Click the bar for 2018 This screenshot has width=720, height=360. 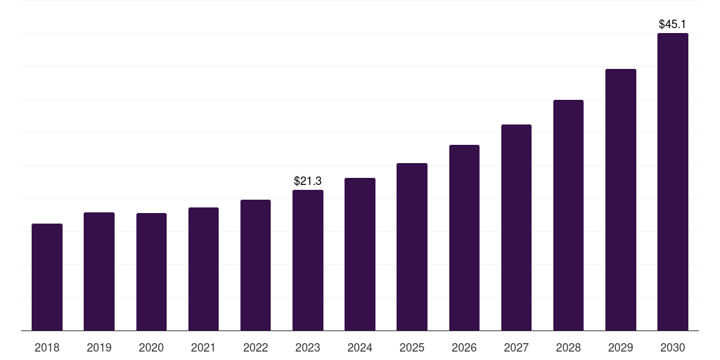(47, 277)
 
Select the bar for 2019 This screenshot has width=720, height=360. (99, 271)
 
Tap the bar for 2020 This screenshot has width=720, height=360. (151, 272)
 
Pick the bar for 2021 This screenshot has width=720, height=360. (203, 269)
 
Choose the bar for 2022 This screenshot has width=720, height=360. (255, 265)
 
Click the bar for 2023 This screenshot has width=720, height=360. (308, 260)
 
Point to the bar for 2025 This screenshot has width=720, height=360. (412, 247)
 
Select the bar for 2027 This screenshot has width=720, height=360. (516, 228)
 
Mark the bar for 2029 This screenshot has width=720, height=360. (621, 200)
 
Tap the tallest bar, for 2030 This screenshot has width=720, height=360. (673, 182)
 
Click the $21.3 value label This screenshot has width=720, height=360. (308, 181)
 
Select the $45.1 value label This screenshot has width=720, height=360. (673, 25)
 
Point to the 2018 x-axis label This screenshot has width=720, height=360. (47, 347)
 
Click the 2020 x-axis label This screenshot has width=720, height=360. (151, 347)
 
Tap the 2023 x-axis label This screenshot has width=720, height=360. (308, 347)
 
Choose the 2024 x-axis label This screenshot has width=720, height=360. (360, 347)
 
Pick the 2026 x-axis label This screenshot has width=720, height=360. (464, 347)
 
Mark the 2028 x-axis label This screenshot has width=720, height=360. (568, 347)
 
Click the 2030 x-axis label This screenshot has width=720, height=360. (673, 347)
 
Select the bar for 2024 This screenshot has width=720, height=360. (360, 255)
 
